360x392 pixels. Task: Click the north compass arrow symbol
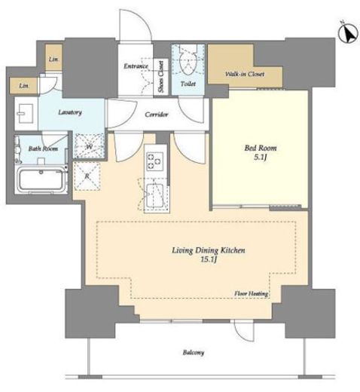(348, 33)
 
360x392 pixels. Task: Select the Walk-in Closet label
(245, 74)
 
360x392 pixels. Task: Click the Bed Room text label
(261, 148)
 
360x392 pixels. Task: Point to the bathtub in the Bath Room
(41, 179)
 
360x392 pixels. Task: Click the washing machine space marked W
(89, 145)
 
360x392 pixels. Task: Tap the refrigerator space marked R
(87, 176)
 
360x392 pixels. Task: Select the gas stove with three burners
(155, 160)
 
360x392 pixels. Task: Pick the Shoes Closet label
(160, 77)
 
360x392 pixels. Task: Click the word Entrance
(136, 66)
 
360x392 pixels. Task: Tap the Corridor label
(157, 115)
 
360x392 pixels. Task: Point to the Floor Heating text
(251, 293)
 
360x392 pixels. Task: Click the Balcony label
(194, 353)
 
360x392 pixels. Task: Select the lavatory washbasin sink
(25, 113)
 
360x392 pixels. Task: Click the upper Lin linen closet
(53, 58)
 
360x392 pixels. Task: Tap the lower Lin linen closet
(23, 86)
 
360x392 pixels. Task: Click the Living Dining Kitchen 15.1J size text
(209, 259)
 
